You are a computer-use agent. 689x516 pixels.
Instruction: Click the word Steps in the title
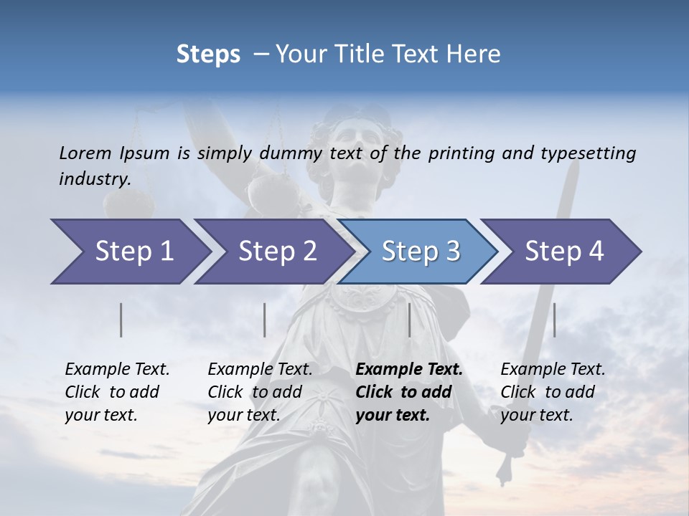(208, 54)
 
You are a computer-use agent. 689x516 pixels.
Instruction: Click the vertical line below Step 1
(121, 320)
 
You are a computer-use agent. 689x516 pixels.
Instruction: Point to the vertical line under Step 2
(265, 320)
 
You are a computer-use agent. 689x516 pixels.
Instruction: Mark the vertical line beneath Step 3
(409, 320)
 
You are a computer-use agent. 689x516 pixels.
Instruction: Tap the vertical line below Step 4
(554, 320)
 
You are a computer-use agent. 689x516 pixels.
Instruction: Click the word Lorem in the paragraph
(85, 153)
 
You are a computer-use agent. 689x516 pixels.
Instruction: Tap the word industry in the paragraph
(94, 179)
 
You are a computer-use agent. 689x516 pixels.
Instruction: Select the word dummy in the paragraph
(291, 153)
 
